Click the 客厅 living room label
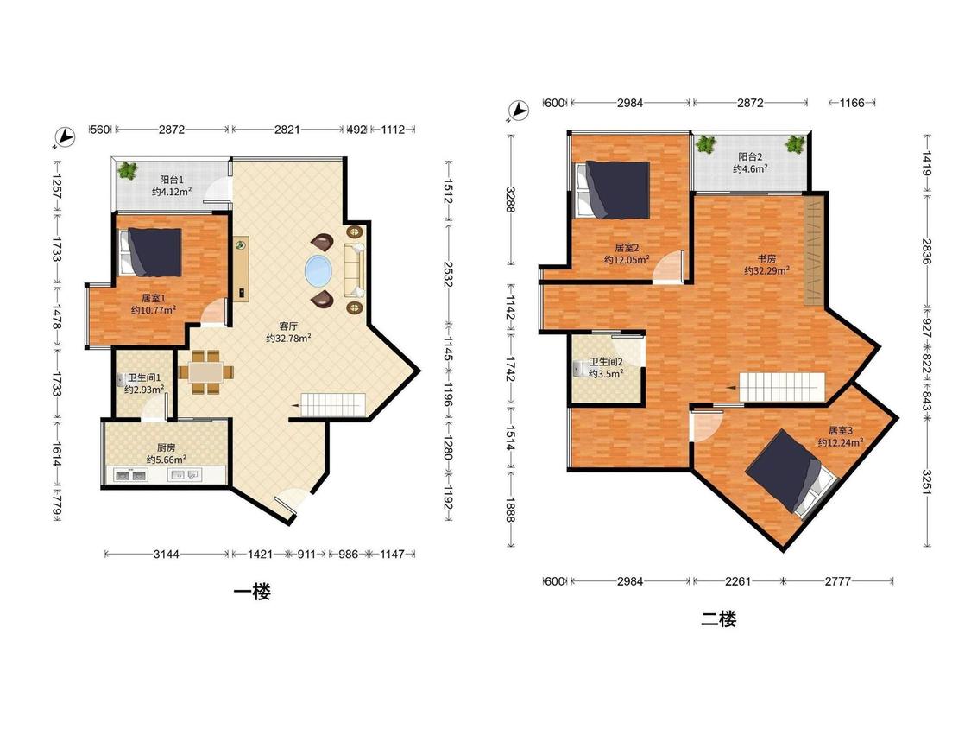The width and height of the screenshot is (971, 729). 288,326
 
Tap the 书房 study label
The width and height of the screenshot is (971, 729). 766,258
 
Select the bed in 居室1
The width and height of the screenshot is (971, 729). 150,252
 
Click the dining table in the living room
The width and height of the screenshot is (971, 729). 207,372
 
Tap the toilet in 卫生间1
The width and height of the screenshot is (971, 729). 122,379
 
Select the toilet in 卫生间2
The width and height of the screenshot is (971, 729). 580,369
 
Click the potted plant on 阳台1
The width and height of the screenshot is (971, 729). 128,170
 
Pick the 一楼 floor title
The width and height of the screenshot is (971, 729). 252,592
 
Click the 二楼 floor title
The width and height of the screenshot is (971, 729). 718,618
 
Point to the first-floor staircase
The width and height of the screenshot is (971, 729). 333,405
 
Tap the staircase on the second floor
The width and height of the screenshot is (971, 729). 783,388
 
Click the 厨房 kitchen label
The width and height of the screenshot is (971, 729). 166,447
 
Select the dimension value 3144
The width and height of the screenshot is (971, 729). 166,555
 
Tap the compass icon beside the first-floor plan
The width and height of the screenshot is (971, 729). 64,137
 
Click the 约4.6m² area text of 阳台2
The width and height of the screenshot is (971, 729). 751,168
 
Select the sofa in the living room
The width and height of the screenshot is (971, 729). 354,270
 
